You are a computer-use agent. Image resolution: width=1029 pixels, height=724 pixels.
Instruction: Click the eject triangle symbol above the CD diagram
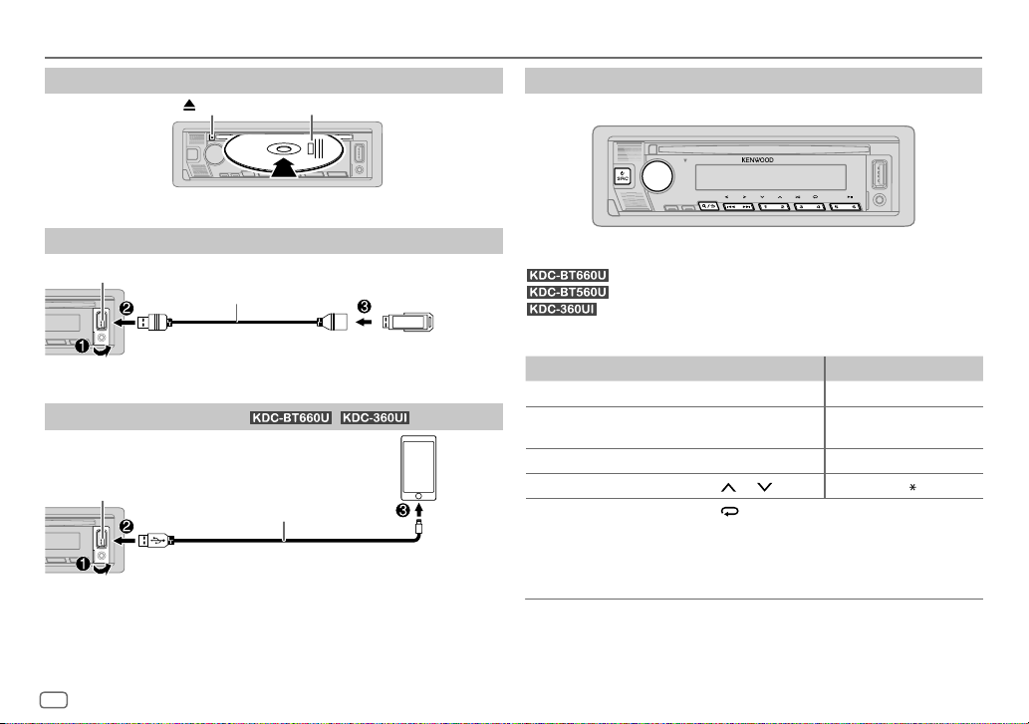click(189, 105)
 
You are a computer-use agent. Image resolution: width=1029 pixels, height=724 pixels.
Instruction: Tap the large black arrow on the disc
click(284, 166)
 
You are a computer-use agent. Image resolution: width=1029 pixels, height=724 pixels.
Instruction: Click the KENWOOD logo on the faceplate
click(757, 160)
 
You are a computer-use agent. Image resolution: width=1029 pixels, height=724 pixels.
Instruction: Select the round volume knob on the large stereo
click(656, 175)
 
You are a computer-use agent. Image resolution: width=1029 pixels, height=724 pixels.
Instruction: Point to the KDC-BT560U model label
click(568, 292)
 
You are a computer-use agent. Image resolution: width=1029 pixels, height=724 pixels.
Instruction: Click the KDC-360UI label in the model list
click(562, 309)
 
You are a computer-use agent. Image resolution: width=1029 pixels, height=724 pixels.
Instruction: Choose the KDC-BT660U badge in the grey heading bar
click(291, 417)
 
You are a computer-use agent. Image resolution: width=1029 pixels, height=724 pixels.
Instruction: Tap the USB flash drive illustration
click(407, 322)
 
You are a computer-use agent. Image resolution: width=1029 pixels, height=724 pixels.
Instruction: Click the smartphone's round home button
click(418, 496)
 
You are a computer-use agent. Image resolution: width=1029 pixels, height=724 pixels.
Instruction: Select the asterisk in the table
click(912, 487)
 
